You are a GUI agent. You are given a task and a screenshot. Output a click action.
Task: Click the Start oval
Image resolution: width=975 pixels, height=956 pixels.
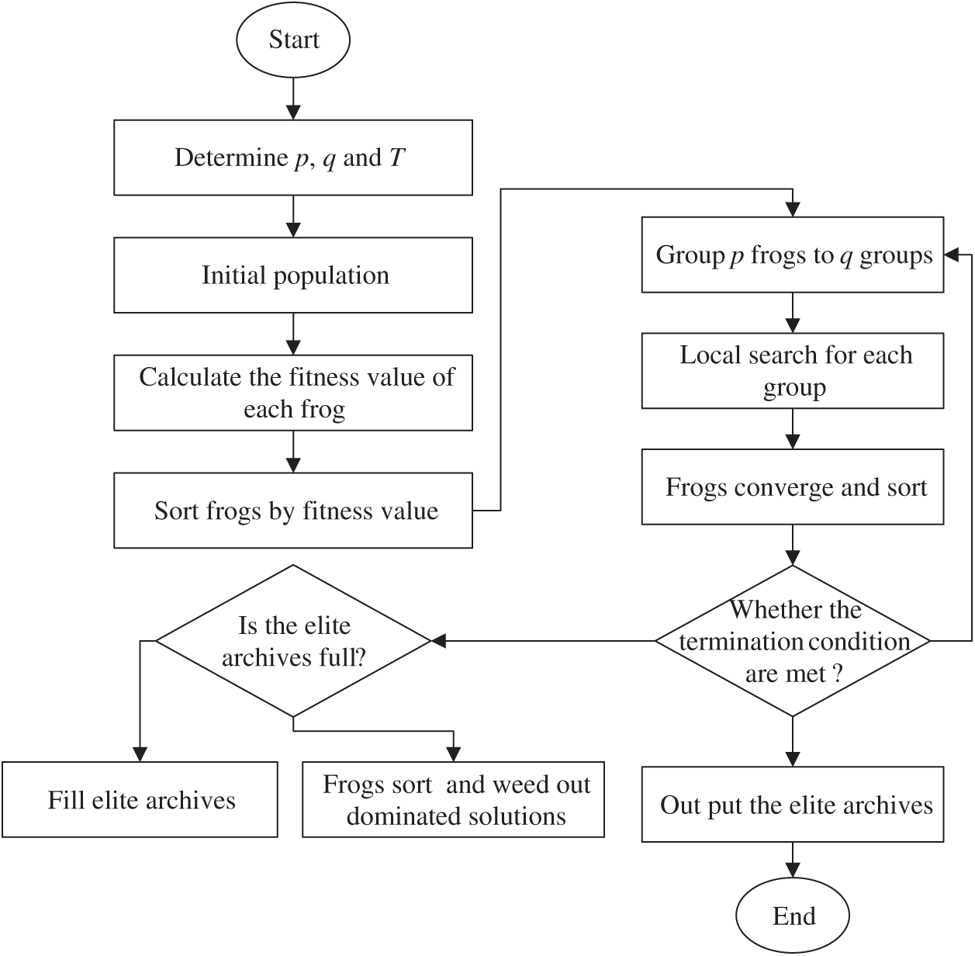coord(293,40)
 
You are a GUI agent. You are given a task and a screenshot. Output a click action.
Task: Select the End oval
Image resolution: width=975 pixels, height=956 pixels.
coord(793,916)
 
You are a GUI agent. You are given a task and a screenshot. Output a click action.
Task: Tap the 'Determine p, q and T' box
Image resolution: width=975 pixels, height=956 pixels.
coord(293,158)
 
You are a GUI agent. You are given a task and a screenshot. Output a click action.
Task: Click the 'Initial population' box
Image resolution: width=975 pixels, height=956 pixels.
coord(293,275)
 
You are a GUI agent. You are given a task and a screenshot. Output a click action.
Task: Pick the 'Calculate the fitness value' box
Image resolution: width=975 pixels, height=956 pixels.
coord(293,393)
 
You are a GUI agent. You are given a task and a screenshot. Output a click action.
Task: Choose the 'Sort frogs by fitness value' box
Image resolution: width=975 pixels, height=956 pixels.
coord(293,511)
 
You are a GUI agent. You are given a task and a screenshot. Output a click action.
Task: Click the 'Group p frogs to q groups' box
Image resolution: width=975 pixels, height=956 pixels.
coord(793,255)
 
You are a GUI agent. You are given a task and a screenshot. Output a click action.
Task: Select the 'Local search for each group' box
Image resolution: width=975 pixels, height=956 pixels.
coord(793,371)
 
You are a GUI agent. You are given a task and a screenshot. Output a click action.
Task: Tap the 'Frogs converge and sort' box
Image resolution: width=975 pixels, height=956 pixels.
coord(793,487)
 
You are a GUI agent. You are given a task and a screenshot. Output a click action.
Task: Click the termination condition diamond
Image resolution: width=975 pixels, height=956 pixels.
coord(793,641)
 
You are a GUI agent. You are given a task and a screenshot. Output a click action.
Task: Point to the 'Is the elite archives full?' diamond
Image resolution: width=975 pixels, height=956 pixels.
coord(293,641)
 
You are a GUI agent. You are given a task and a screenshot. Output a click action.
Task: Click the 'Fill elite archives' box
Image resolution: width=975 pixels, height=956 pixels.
coord(140,800)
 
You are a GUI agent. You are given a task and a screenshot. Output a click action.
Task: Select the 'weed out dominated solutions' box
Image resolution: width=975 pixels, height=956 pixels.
coord(454,800)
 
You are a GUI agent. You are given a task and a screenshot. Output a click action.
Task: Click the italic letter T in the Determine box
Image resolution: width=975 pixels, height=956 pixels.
coord(396,158)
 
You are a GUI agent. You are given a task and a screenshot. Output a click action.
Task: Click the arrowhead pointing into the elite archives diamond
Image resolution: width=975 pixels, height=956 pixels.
coord(439,641)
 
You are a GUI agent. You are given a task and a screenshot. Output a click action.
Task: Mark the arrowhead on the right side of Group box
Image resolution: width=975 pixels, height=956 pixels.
coord(952,255)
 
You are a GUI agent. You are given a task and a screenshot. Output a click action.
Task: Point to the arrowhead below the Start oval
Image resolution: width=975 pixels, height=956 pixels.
coord(293,112)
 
